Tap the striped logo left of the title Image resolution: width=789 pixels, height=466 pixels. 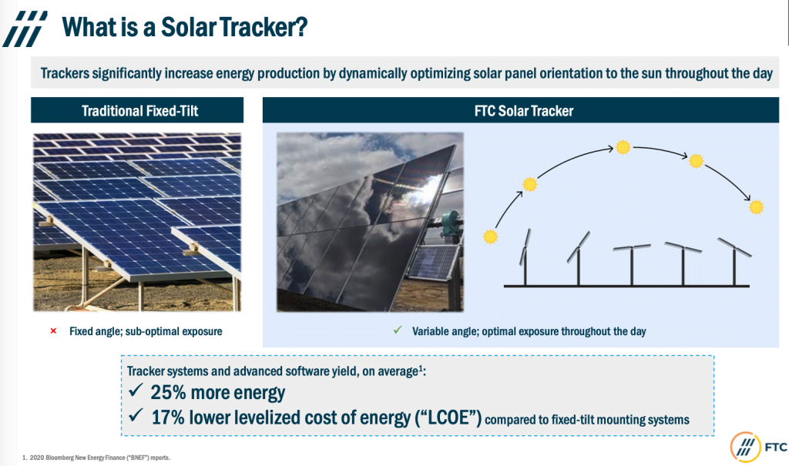tap(25, 28)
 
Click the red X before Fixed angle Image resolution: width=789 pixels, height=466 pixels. tap(53, 331)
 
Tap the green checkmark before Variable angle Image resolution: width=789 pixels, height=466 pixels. tap(398, 330)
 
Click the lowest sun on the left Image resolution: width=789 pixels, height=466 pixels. tap(490, 236)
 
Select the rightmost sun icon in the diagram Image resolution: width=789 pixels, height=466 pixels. tap(756, 206)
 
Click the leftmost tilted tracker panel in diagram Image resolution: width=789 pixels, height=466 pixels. tap(524, 245)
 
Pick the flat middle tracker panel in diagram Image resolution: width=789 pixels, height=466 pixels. tap(632, 248)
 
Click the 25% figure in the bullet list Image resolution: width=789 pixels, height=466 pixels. tap(170, 393)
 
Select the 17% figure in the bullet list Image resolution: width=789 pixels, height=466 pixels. tap(170, 418)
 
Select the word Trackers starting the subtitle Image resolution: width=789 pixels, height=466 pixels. tap(68, 75)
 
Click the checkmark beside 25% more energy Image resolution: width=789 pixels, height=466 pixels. tap(136, 393)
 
